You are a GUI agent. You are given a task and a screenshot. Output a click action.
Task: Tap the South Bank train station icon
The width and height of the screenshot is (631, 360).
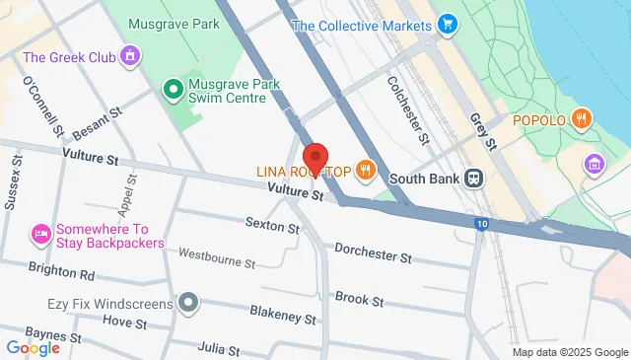[x=474, y=179]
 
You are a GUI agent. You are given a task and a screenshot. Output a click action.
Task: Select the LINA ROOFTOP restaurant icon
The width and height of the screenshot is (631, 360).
[x=366, y=170]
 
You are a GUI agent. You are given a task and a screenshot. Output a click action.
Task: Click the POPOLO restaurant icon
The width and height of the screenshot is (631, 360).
[x=583, y=120]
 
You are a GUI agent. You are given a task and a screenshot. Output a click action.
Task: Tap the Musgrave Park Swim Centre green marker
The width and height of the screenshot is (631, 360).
[x=173, y=90]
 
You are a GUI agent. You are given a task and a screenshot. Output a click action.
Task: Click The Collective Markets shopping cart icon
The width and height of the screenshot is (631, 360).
[x=449, y=24]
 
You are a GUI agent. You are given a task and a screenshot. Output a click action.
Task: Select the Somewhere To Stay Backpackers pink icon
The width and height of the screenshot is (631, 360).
[x=40, y=234]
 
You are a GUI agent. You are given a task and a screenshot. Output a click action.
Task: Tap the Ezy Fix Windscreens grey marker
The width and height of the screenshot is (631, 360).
[x=187, y=303]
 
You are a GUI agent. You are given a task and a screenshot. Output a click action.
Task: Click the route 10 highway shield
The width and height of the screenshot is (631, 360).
[x=480, y=224]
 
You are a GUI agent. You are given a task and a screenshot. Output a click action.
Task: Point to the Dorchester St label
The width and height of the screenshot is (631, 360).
[x=373, y=253]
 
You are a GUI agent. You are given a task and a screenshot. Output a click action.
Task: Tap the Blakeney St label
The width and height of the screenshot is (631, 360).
[x=282, y=319]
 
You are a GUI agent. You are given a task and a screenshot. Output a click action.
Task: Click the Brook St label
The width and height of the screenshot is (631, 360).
[x=352, y=297]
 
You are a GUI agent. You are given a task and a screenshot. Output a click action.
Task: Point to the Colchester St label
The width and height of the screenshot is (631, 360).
[x=407, y=109]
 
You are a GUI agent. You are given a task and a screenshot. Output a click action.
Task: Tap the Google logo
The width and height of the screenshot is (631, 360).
[x=33, y=347]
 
